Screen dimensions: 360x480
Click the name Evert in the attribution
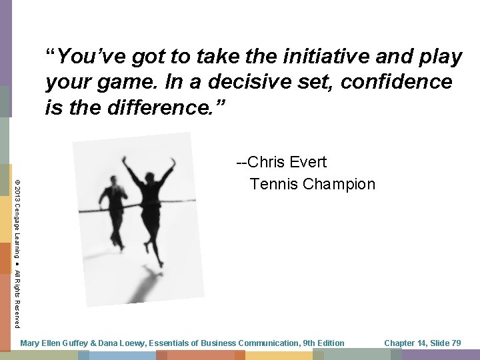coord(308,162)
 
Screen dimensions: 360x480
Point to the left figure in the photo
coord(112,210)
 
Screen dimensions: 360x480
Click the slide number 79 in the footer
coord(455,343)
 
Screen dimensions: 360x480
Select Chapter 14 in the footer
coord(405,343)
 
